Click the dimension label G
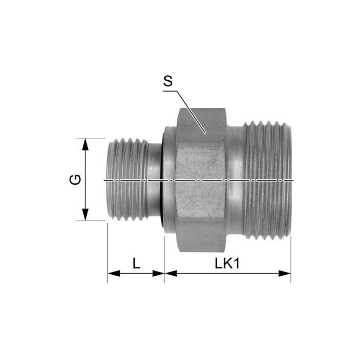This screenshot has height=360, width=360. click(75, 180)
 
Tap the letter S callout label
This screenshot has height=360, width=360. click(167, 81)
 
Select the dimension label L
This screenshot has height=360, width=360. click(136, 263)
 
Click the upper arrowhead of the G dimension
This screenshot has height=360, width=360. click(86, 143)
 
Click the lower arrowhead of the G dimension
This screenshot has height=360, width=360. click(86, 215)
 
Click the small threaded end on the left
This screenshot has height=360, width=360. click(126, 180)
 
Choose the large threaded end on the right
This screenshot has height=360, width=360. click(267, 180)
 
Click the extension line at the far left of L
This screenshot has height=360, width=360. click(108, 252)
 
